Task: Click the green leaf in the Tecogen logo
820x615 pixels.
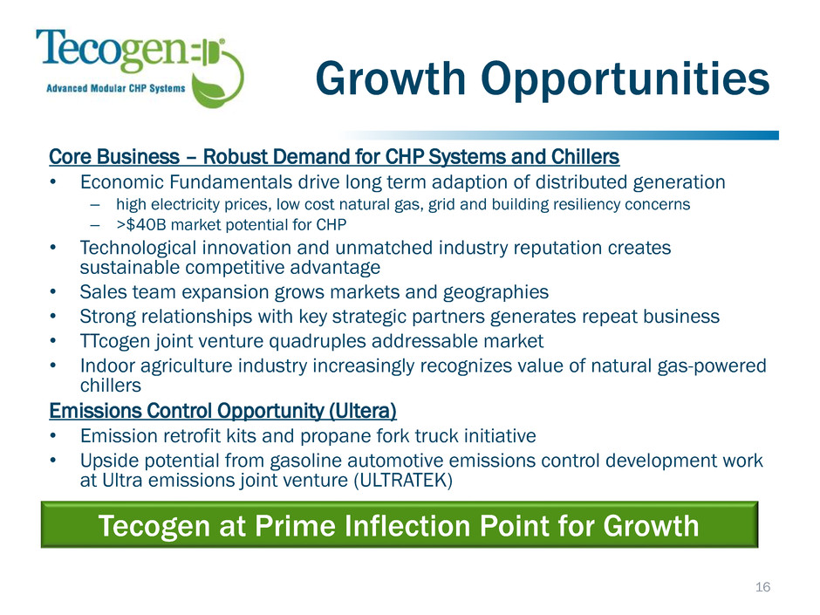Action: (212, 91)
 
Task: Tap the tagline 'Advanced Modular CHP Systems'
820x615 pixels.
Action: (115, 88)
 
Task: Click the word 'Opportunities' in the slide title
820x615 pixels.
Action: (625, 79)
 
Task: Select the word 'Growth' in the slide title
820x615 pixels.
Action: (391, 78)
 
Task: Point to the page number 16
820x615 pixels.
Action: (762, 587)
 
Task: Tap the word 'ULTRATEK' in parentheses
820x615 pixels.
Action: (403, 480)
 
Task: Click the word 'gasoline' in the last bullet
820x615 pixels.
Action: (304, 461)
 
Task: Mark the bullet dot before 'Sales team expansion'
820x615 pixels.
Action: (53, 292)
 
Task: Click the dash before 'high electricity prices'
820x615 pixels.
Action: (95, 205)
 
